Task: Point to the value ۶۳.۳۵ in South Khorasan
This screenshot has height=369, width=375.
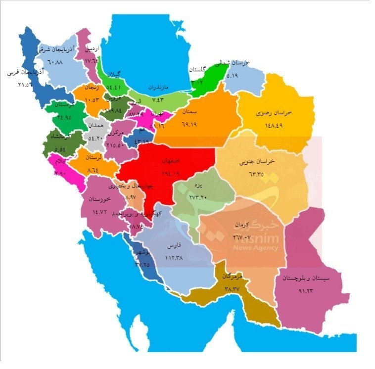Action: tap(260, 174)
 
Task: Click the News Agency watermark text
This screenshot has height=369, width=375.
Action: tap(256, 248)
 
